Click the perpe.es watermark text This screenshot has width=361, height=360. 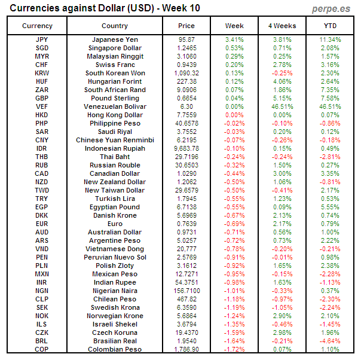(331, 8)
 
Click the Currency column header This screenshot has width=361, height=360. (37, 26)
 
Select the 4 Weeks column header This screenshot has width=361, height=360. (282, 26)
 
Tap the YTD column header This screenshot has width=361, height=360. (330, 26)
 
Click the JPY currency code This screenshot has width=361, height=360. (42, 39)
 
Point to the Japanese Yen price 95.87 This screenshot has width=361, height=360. (186, 39)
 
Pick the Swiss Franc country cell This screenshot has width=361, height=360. (115, 65)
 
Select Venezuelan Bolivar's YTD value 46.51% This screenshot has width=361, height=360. (330, 106)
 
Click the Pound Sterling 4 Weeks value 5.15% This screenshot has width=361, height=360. (282, 98)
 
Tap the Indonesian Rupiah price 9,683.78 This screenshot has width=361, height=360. (186, 148)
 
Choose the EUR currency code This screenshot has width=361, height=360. (42, 224)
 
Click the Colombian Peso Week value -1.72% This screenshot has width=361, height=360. (234, 349)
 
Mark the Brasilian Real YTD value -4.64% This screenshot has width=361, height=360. (330, 341)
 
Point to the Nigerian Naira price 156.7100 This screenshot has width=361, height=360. (186, 291)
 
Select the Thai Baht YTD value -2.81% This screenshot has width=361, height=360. (330, 157)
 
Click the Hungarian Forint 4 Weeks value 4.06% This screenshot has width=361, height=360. (282, 81)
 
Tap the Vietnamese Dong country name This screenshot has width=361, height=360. (115, 249)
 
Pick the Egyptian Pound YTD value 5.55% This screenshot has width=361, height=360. (330, 207)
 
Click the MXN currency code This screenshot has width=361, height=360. (42, 274)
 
